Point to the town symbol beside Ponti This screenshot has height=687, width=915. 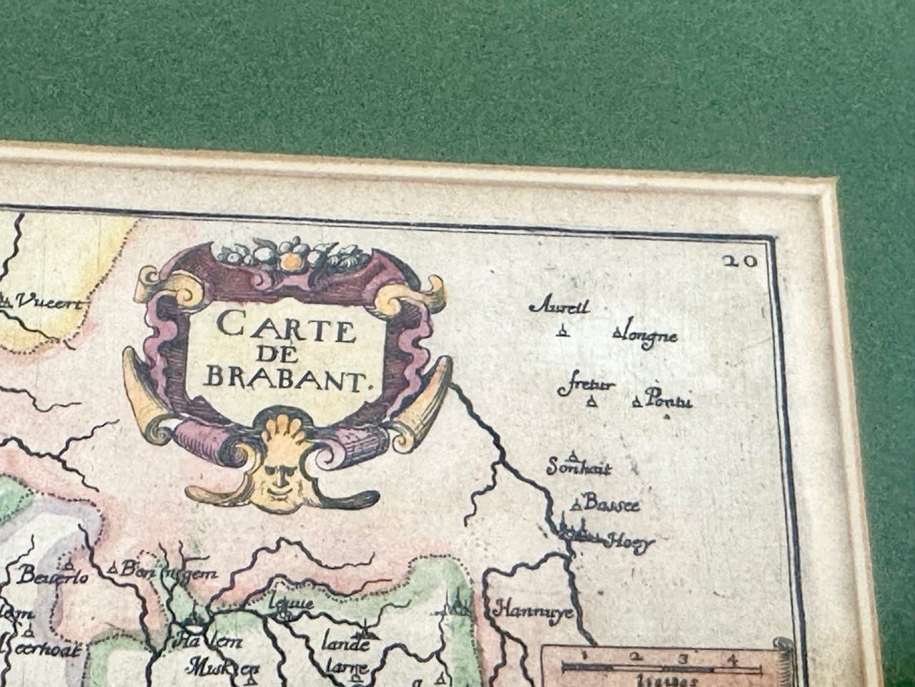click(636, 401)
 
